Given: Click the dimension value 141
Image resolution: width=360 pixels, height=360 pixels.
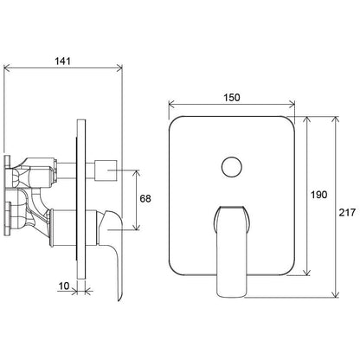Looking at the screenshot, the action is pos(62,61).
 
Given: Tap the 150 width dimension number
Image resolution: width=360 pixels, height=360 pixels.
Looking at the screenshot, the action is pos(232,98).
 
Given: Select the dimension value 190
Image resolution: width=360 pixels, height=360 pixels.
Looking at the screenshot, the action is pos(318,195).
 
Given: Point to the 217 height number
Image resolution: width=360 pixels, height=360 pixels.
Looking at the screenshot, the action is pos(347,213).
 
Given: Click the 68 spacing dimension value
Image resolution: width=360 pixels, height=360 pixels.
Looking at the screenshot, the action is pos(145,199).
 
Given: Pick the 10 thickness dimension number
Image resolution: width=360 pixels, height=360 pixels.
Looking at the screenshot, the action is pos(64,286).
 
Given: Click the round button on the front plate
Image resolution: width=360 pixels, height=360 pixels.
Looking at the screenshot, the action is pos(232,167).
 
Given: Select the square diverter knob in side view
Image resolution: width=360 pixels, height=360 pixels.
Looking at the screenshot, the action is pos(106,170).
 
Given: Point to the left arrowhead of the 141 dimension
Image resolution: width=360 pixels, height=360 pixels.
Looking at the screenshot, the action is pos(7,68).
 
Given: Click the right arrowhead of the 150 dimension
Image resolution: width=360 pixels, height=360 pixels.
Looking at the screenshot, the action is pos(292,104).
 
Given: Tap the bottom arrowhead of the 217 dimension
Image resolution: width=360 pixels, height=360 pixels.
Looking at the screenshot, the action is pos(335,293).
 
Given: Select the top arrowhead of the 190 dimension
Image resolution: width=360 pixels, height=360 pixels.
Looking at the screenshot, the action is pos(307,120).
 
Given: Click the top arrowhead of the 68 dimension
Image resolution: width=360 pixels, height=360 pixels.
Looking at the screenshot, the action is pos(137,174).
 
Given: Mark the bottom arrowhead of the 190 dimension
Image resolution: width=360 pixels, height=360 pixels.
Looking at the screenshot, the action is pos(307,272).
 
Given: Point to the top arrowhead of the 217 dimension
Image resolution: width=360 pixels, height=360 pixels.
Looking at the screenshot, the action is pos(335,120).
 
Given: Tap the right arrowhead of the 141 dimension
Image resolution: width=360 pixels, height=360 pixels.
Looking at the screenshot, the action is pos(119,68).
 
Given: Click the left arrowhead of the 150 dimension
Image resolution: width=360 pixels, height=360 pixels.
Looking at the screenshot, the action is pos(172,104).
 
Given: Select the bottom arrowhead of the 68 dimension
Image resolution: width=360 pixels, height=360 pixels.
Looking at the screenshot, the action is pos(137,227).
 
